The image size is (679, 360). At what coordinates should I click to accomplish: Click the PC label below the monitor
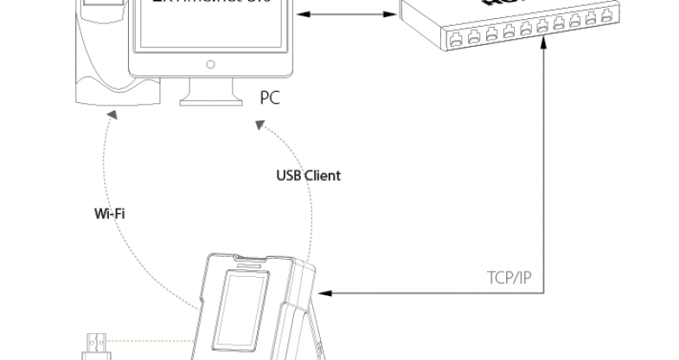coord(270,98)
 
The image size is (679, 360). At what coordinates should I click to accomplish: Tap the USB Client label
coord(309,176)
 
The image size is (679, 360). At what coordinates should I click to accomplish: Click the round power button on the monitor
coord(210,64)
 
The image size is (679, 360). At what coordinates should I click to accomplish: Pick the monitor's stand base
coord(210,98)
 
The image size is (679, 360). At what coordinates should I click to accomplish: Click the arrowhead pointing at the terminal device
coord(326,294)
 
